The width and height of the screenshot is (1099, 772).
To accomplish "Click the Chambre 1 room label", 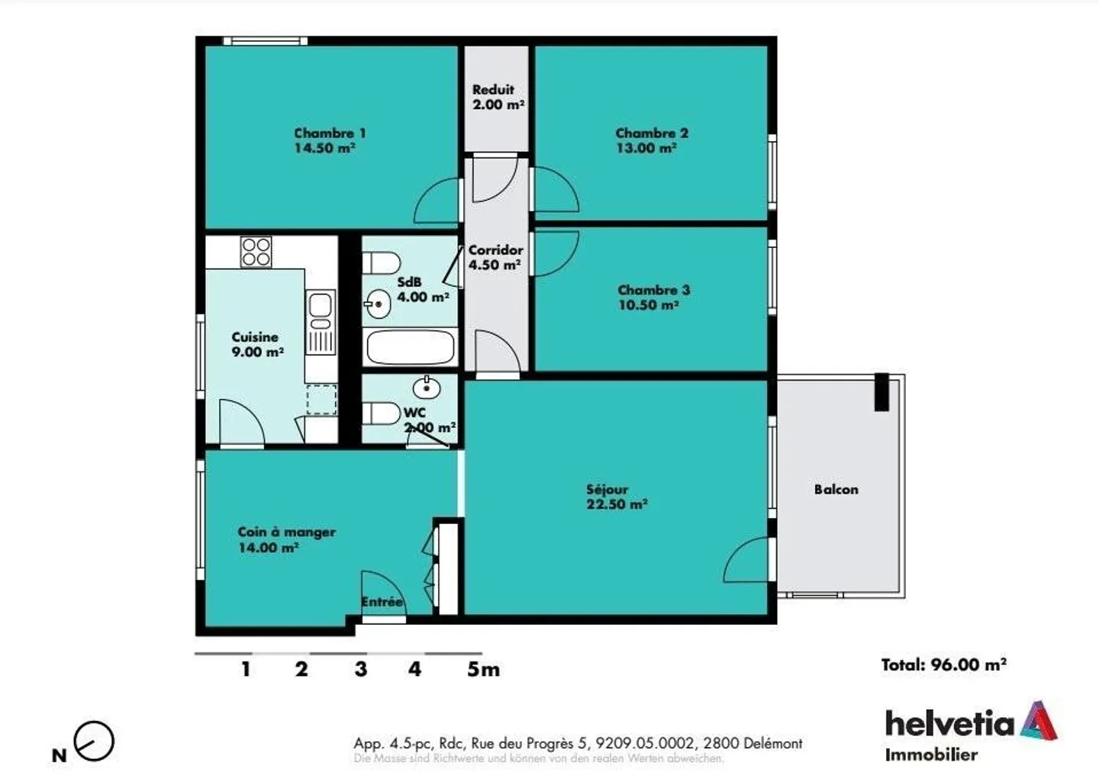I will (x=329, y=133).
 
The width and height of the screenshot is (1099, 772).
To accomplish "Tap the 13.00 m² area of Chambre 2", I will (x=646, y=149).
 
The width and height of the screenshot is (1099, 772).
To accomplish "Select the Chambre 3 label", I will (x=653, y=290).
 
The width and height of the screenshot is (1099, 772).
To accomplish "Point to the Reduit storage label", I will (x=493, y=90).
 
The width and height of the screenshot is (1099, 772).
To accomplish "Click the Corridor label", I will (x=495, y=250).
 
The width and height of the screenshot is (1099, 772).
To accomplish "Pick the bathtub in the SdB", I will (x=411, y=347).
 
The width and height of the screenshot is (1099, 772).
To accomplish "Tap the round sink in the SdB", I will (x=377, y=304).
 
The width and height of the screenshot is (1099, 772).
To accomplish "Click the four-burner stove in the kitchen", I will (x=256, y=253).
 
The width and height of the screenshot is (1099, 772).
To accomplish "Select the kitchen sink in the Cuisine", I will (x=321, y=306).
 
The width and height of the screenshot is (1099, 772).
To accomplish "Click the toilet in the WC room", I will (x=382, y=414).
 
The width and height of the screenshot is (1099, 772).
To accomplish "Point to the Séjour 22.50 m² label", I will (x=616, y=497).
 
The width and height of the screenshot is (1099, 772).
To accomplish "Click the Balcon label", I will (x=836, y=490).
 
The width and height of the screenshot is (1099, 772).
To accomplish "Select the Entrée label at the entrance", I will (x=382, y=602).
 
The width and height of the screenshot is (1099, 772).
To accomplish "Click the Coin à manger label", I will (x=286, y=532).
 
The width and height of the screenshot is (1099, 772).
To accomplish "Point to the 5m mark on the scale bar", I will (x=483, y=670).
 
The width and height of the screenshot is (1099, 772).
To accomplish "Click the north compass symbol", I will (x=94, y=741).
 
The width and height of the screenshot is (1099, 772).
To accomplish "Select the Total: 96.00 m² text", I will (x=943, y=664).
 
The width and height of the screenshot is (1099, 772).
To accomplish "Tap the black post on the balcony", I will (x=881, y=392).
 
